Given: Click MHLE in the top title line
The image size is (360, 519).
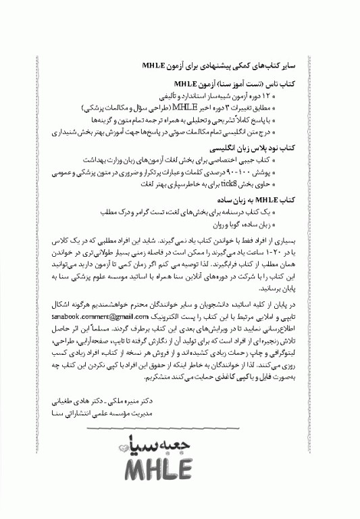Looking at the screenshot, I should (157, 67).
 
